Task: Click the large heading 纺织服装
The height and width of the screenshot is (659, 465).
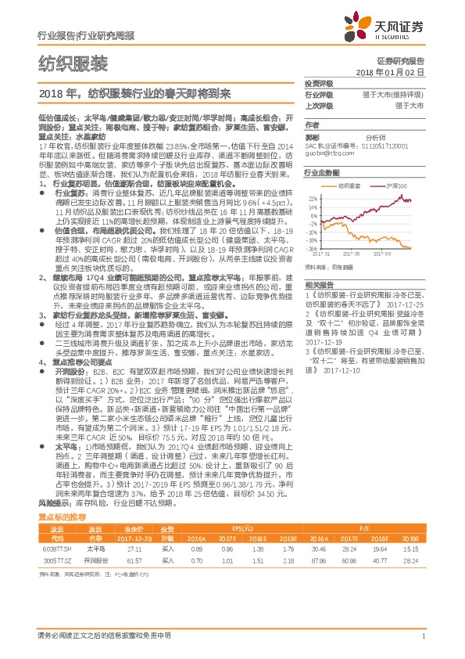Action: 73,63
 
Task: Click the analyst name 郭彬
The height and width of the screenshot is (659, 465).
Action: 313,136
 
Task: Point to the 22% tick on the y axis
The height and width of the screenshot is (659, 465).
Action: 313,200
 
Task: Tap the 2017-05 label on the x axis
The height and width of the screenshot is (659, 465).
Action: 364,254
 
